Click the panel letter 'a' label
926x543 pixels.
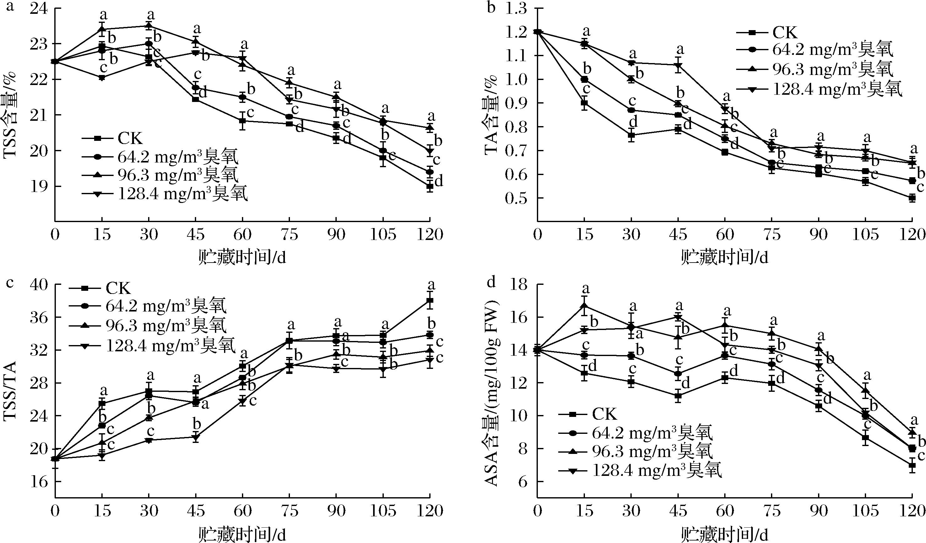[x=10, y=6]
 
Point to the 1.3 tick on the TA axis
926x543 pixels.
[x=516, y=9]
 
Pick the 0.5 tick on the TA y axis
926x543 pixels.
[x=516, y=198]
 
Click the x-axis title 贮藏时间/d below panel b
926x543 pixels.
[x=724, y=258]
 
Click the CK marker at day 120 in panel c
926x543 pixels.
[x=430, y=301]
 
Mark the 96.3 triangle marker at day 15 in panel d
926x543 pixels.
[x=584, y=305]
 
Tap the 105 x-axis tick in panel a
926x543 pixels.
[x=383, y=234]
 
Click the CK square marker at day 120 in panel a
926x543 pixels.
[x=430, y=187]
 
